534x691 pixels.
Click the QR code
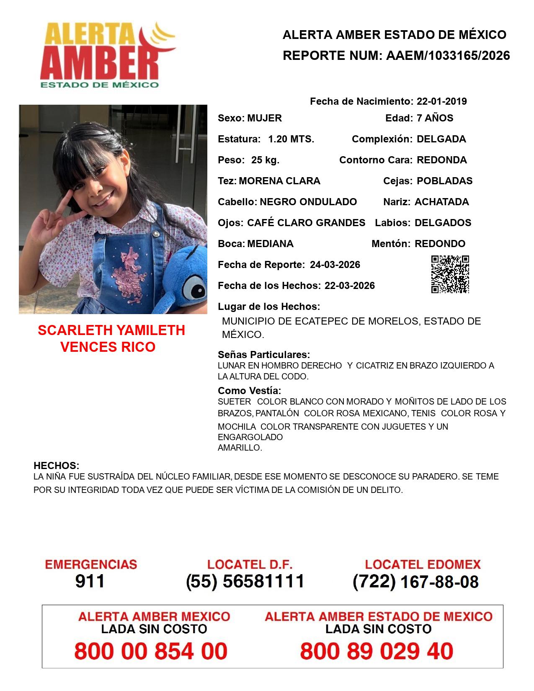pyautogui.click(x=450, y=274)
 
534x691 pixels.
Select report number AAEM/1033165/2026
pyautogui.click(x=448, y=56)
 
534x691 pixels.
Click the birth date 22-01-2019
pyautogui.click(x=442, y=101)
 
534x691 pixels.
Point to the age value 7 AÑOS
pyautogui.click(x=435, y=118)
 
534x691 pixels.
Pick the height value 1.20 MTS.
pyautogui.click(x=291, y=139)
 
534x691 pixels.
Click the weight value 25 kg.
pyautogui.click(x=265, y=160)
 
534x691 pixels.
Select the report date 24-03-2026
pyautogui.click(x=335, y=265)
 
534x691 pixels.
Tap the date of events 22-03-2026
pyautogui.click(x=350, y=286)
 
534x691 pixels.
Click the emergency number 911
pyautogui.click(x=90, y=581)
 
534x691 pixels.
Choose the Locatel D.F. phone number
pyautogui.click(x=245, y=581)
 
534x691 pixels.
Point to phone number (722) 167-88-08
pyautogui.click(x=415, y=582)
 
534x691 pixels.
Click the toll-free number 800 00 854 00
pyautogui.click(x=151, y=651)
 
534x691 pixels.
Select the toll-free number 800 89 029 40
pyautogui.click(x=377, y=651)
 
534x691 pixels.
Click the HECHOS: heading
pyautogui.click(x=56, y=466)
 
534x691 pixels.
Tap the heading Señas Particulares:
pyautogui.click(x=264, y=355)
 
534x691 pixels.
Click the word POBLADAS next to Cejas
pyautogui.click(x=445, y=181)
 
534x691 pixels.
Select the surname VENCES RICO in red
pyautogui.click(x=108, y=347)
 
